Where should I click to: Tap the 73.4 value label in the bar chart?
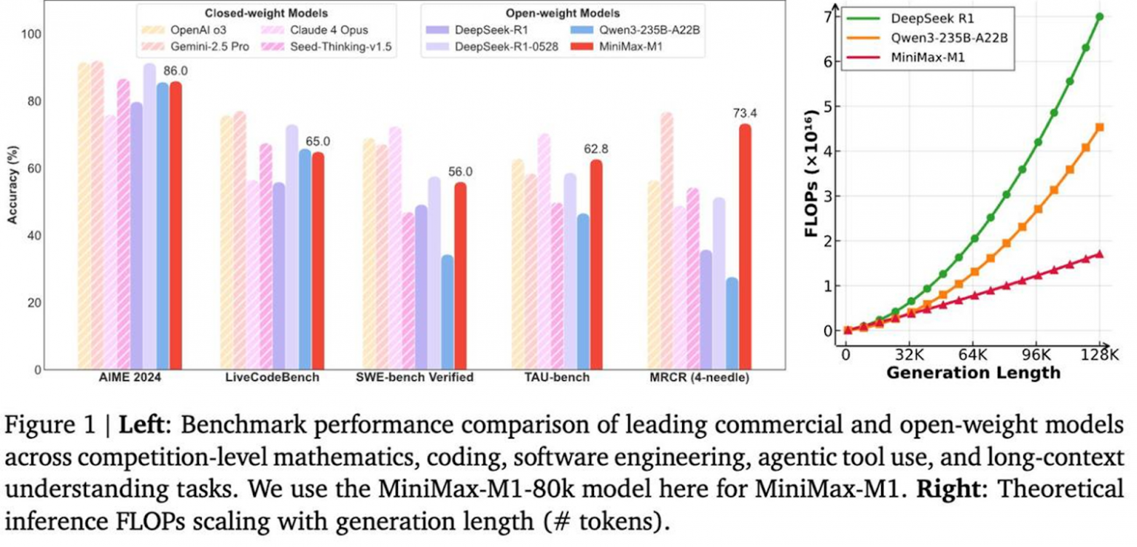pos(743,113)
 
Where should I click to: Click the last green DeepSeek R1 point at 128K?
pos(1099,16)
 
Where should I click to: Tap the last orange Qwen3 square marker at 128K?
pos(1099,127)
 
